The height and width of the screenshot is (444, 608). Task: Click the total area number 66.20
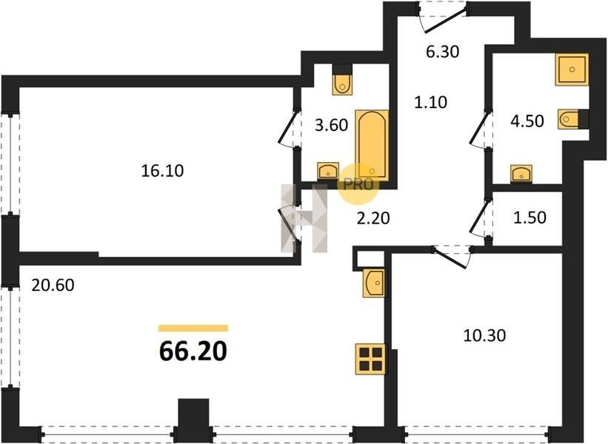point(193,351)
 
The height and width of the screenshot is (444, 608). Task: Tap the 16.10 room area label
point(162,170)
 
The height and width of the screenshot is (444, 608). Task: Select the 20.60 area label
point(53,285)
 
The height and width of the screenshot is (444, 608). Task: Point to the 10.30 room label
point(484,335)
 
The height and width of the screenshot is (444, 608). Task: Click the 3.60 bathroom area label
point(331,125)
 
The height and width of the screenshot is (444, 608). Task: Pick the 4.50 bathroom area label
point(527,121)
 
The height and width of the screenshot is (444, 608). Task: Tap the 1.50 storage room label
point(530,218)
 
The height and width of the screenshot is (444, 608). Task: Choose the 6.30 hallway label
point(442,51)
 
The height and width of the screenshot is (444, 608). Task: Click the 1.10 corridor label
point(430,102)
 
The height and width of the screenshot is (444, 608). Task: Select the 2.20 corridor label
point(373,218)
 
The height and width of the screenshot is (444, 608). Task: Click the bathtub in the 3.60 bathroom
point(372,145)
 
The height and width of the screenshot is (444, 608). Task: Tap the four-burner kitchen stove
point(371,359)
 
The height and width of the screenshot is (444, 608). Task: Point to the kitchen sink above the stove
point(374,283)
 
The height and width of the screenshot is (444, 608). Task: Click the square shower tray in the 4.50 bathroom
point(572,70)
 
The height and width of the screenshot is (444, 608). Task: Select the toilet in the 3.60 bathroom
point(342,84)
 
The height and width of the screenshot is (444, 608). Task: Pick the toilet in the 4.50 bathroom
point(569,119)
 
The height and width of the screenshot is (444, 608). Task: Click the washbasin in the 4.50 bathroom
point(521,173)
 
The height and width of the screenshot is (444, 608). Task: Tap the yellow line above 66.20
point(193,328)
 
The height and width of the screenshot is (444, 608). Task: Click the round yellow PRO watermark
point(358,184)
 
